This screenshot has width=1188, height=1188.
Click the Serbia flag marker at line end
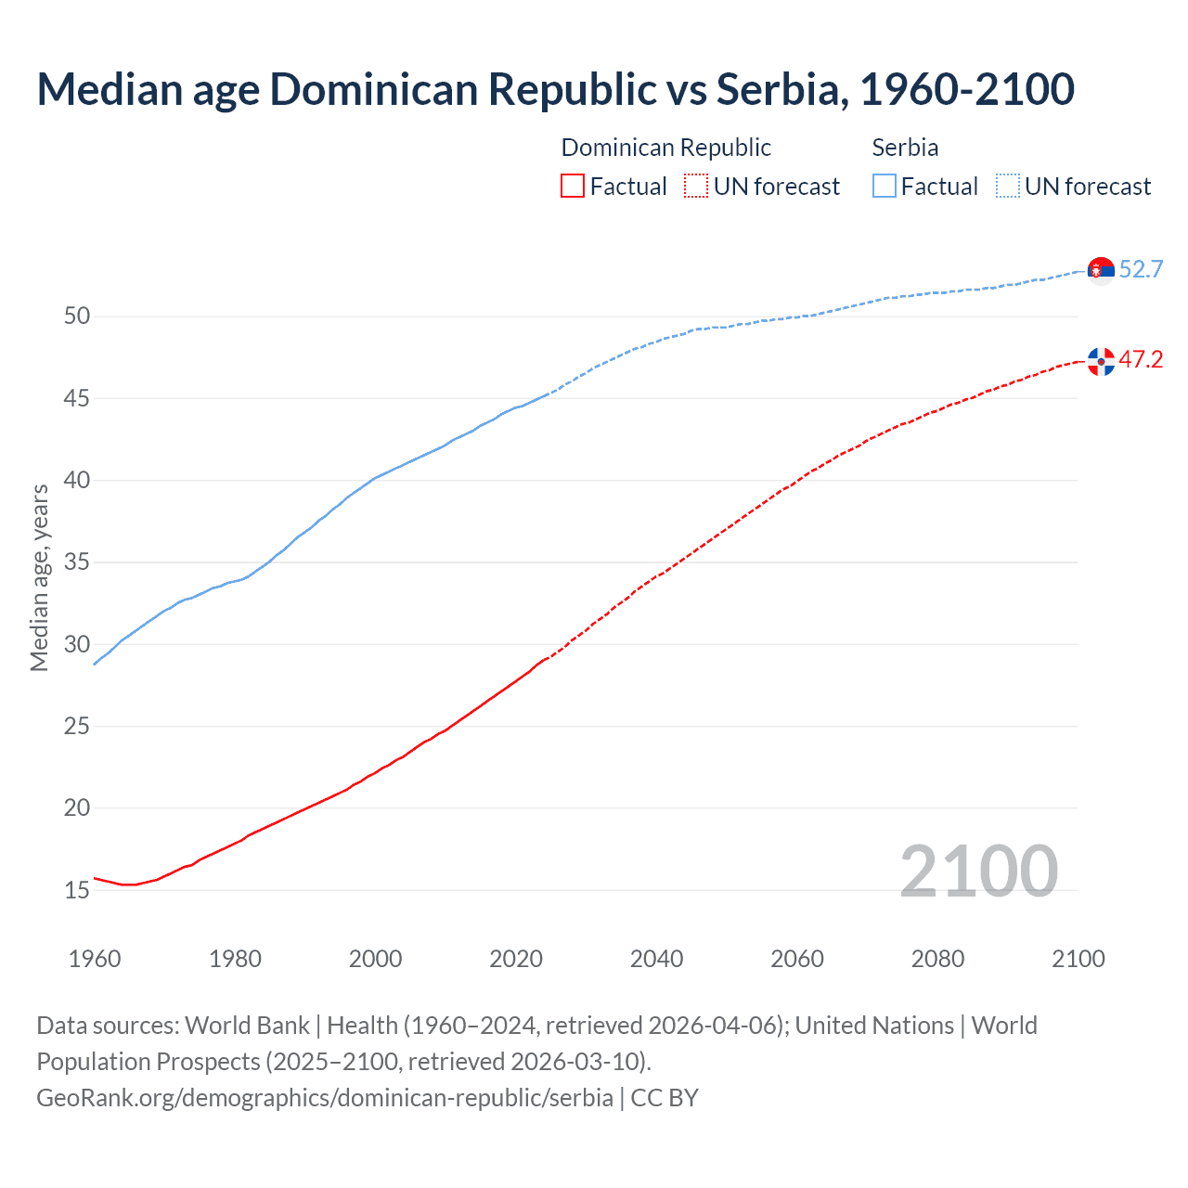pos(1101,269)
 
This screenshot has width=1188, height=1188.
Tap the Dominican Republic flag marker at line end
pos(1101,361)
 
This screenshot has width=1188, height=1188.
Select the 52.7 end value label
pos(1141,269)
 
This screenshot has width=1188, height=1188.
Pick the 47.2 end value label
pos(1141,360)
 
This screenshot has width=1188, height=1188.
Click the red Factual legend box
pos(573,186)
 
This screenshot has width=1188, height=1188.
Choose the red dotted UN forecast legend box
pos(696,186)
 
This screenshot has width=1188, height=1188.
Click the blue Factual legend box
pos(885,186)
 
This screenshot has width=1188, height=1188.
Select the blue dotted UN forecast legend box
pos(1008,186)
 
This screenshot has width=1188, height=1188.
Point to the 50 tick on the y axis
pos(77,316)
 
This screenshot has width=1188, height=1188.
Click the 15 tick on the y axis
pos(77,890)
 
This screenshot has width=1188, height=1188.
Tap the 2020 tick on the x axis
pos(516,959)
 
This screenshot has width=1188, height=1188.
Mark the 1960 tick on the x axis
pos(95,959)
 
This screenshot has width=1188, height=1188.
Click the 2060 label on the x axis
pos(797,959)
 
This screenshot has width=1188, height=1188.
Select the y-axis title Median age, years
pos(39,577)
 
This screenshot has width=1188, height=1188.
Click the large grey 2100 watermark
pos(978,871)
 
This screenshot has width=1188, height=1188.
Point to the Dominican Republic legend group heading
pos(666,148)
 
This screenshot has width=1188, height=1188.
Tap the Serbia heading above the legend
pos(905,148)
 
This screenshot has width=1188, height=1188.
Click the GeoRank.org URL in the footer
pos(324,1098)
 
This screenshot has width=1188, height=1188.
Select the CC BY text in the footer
pos(665,1098)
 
